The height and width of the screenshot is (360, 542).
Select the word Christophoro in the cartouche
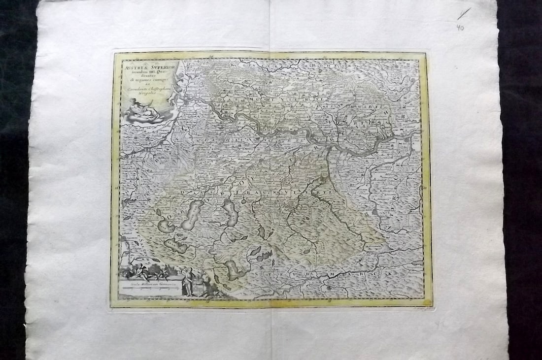[157, 88]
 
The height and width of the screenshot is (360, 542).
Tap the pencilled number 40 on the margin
[460, 28]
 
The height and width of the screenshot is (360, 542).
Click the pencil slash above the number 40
[464, 13]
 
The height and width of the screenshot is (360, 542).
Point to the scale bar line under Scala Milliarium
[151, 290]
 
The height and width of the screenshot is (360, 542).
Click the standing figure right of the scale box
[187, 281]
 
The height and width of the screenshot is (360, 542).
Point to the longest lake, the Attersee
[193, 214]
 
